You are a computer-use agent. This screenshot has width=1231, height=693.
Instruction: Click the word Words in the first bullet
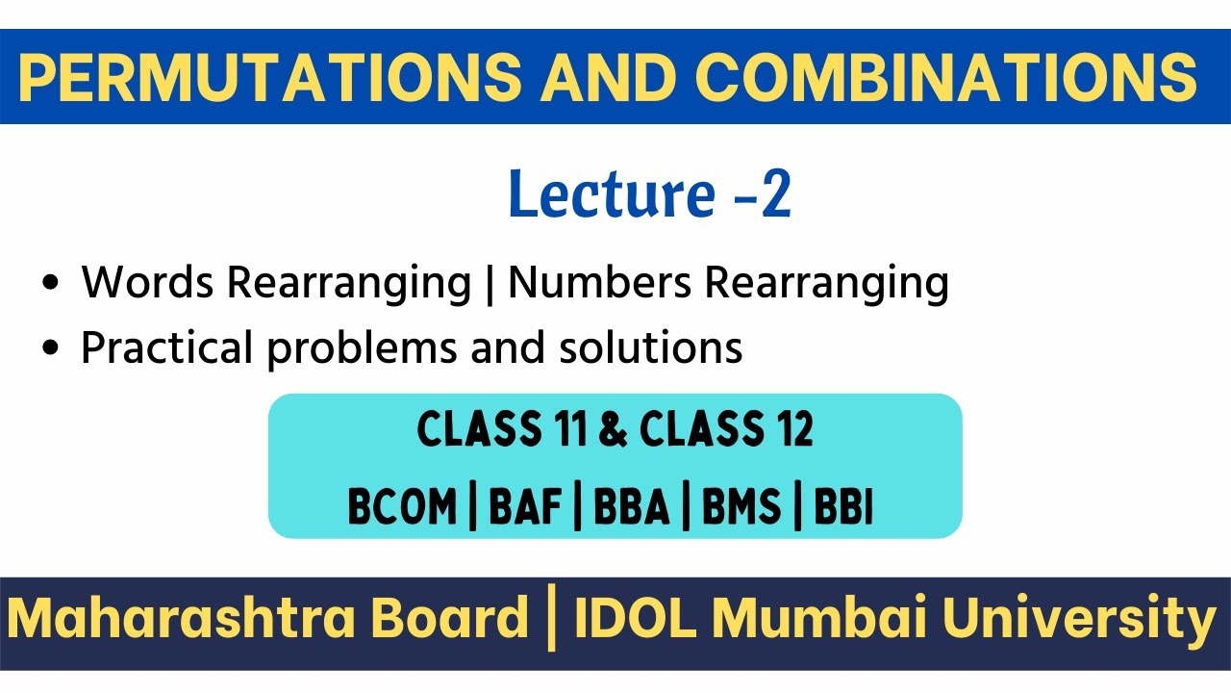(149, 282)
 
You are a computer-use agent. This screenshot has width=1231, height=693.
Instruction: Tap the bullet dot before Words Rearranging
(51, 285)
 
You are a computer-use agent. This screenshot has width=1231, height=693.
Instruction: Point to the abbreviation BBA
(631, 507)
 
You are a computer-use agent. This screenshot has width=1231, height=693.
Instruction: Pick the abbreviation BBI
(843, 507)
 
